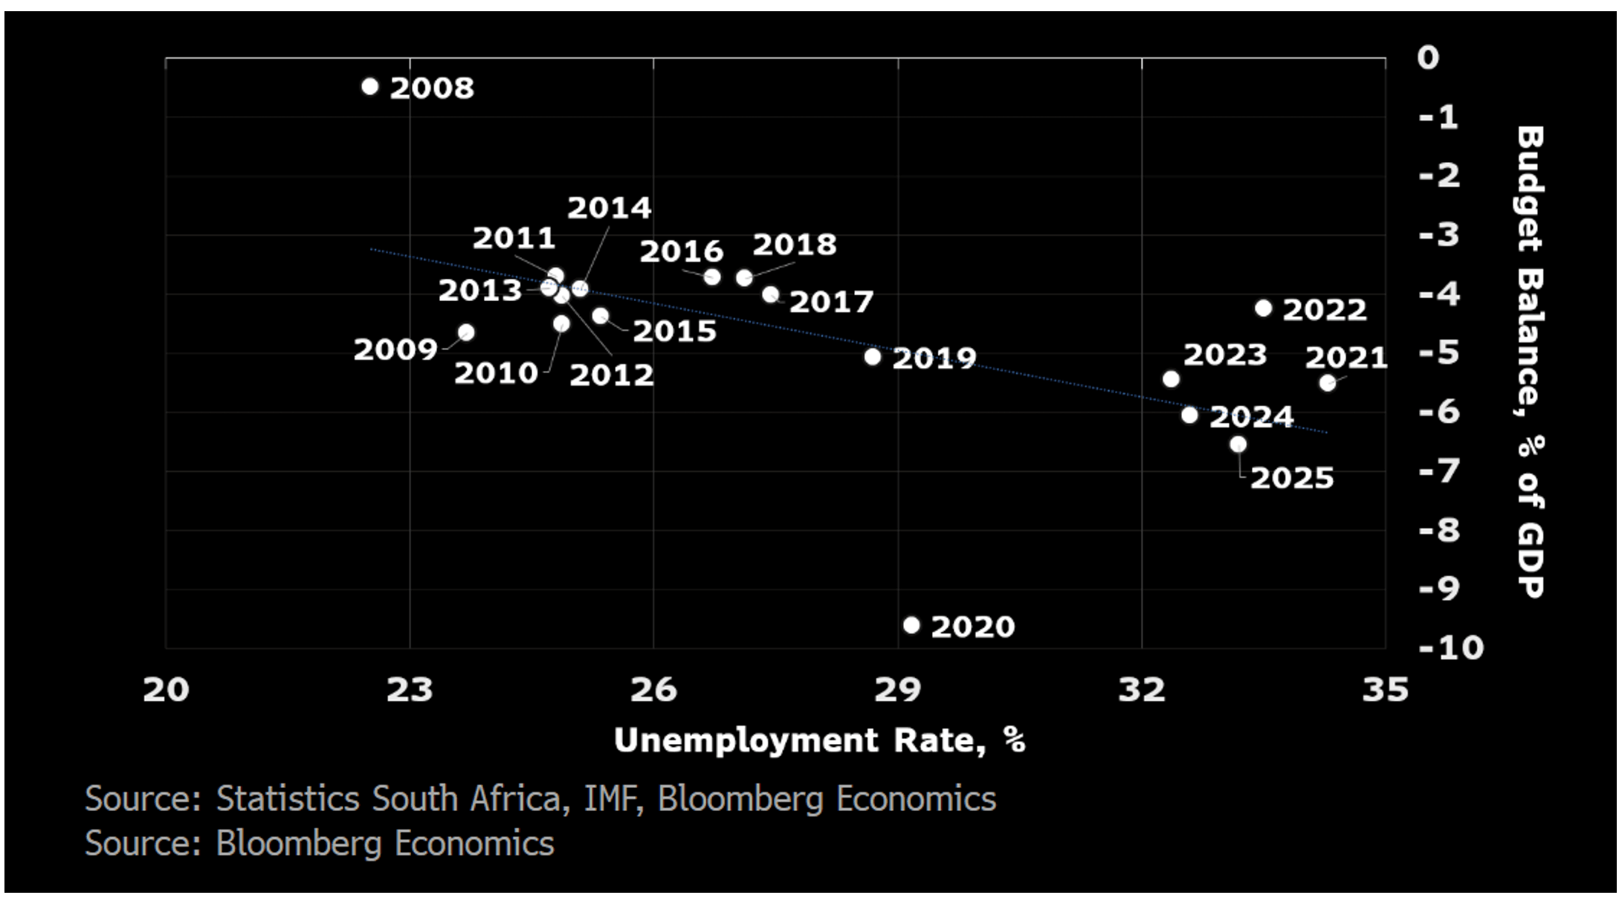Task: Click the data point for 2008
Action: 369,86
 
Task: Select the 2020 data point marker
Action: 911,625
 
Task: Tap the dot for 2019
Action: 873,357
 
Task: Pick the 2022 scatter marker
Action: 1264,308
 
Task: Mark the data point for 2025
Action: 1238,445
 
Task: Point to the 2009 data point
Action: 466,332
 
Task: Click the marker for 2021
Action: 1328,383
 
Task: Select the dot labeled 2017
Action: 771,294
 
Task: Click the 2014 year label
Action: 610,208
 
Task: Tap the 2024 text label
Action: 1251,417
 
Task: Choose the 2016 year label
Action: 681,252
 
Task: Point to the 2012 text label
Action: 611,375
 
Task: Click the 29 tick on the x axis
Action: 897,690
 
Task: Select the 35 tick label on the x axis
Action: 1385,690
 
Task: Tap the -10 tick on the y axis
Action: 1450,647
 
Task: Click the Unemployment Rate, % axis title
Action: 819,740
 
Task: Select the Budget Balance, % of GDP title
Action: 1530,361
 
